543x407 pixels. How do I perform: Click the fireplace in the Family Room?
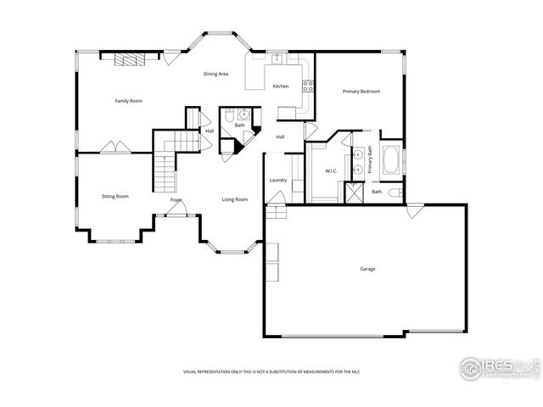coord(130,59)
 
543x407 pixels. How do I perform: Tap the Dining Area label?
coord(216,74)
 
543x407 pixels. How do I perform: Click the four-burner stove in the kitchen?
coord(308,86)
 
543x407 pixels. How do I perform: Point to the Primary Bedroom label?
coord(361,91)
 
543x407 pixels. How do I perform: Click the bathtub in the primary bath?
coord(393,160)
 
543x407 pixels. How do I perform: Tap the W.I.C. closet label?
coord(331,171)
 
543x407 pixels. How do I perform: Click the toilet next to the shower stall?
coord(395,192)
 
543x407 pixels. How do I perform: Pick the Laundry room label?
coord(278,180)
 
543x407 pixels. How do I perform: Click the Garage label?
coord(367,269)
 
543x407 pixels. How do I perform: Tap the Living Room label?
coord(235,199)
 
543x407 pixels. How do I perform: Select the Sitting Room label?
coord(115,196)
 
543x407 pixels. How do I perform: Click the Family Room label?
coord(129,101)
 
